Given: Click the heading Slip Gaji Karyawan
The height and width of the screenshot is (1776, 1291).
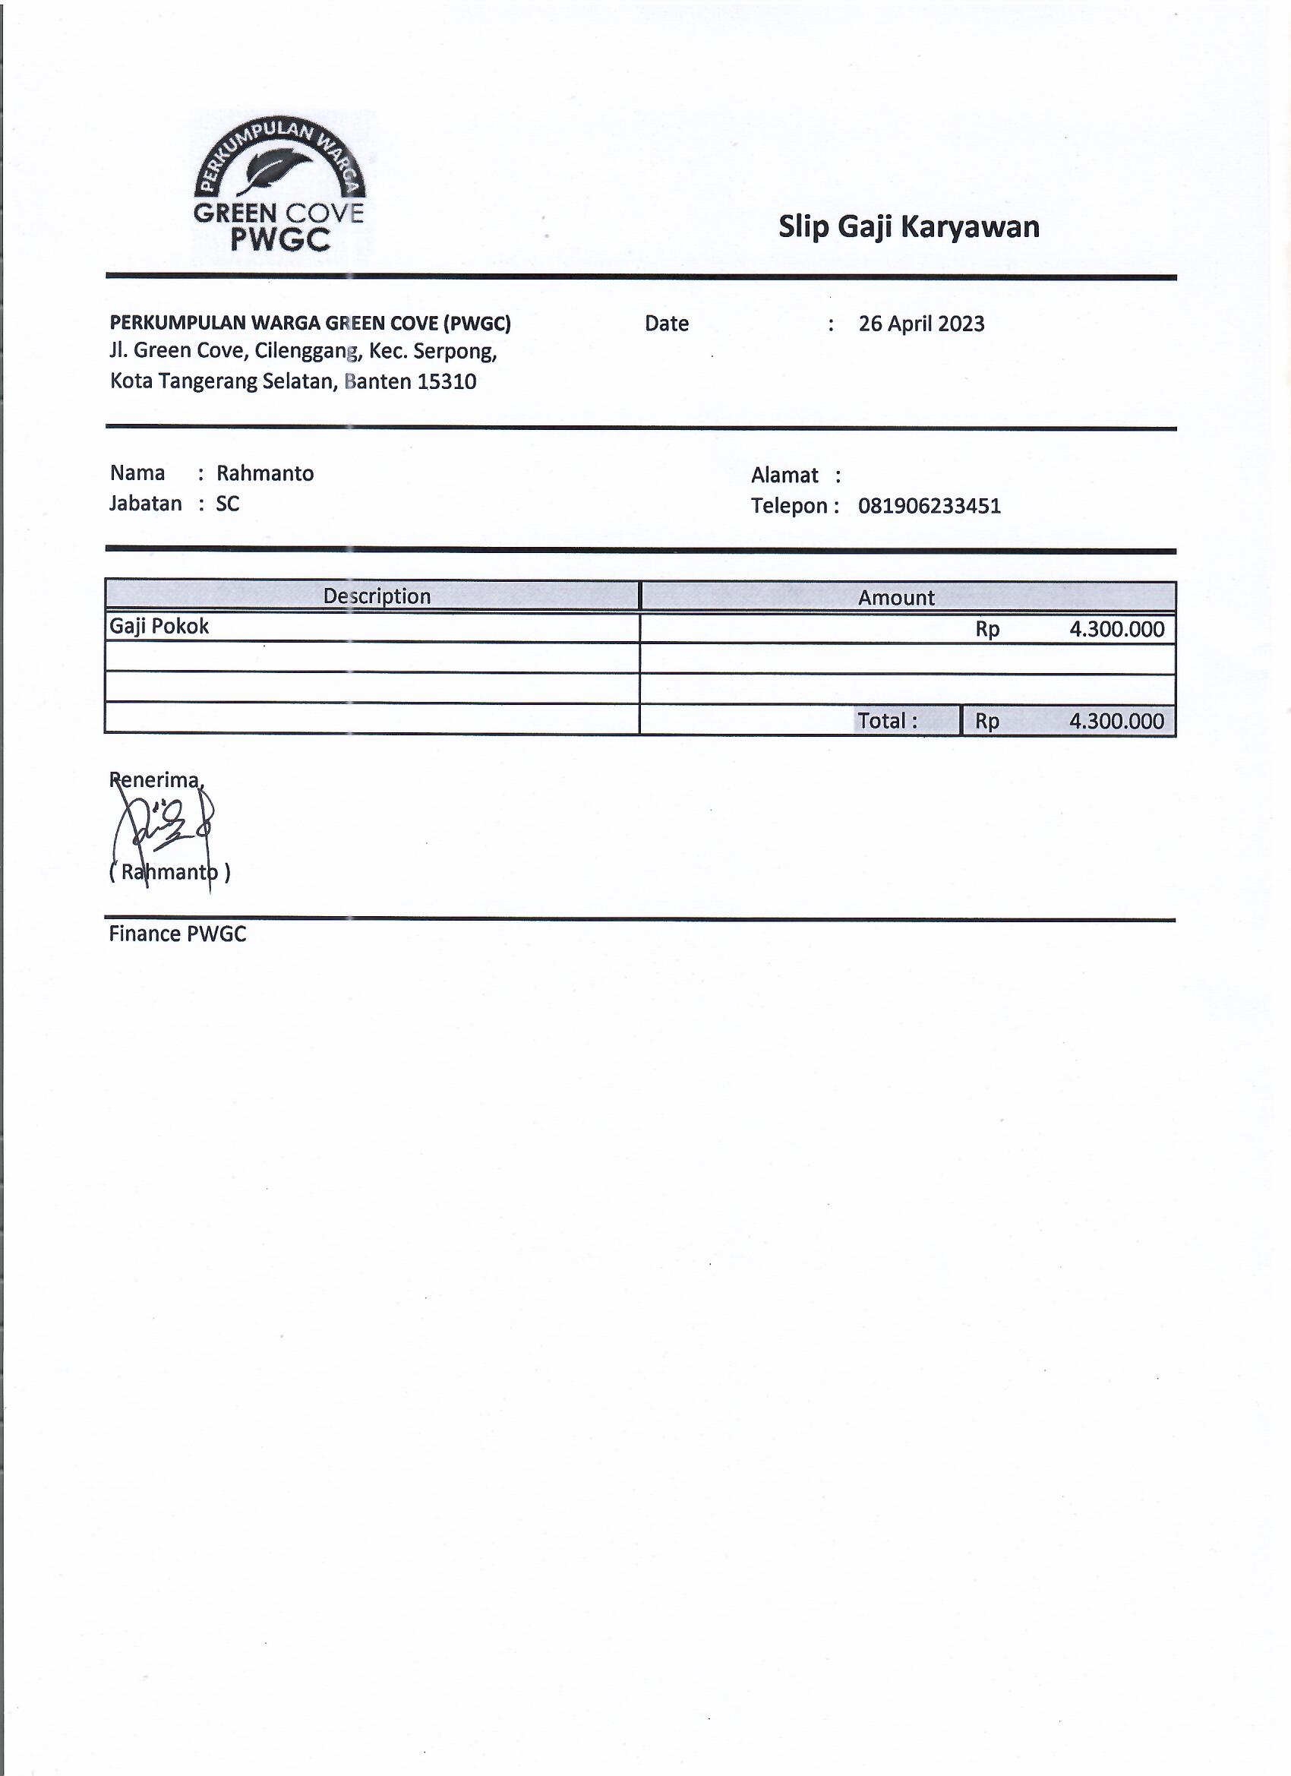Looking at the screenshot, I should point(908,227).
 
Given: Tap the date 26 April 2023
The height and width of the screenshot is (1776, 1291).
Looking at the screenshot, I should point(920,324).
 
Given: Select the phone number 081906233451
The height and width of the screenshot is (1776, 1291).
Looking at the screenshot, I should point(929,506).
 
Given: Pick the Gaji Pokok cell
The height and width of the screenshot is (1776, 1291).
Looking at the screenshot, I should point(159,627).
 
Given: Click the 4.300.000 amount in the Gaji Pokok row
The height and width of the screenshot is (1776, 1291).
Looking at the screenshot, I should point(1116,630).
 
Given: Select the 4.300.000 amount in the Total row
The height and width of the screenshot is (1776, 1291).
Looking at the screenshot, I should point(1116,721).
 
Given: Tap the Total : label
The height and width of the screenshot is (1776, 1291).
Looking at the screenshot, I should point(887,720).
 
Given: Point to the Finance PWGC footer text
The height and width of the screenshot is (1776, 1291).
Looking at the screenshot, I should point(177,934).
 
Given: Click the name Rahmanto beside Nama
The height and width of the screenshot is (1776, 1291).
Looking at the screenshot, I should point(264,474).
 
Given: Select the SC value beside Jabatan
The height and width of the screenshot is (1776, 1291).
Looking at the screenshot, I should point(227,504).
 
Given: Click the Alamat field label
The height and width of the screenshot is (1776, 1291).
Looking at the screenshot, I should point(784,476).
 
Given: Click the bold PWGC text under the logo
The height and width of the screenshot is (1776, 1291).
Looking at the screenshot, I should point(279,239).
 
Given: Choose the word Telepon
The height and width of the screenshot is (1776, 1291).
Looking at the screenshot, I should point(789,506).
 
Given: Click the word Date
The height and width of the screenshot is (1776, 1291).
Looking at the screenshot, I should point(666,324).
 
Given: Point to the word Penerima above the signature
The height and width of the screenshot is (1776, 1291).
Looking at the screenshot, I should point(155,780).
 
